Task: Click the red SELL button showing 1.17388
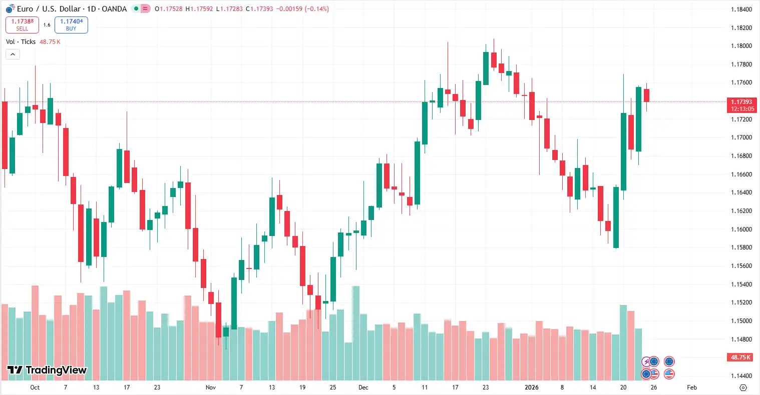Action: [x=22, y=25]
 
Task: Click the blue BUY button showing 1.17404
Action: [x=71, y=25]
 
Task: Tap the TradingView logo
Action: [x=47, y=370]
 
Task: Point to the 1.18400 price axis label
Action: [x=741, y=9]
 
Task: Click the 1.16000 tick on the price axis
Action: [x=741, y=229]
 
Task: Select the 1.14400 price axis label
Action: [x=741, y=376]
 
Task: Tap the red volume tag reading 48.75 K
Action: [x=740, y=357]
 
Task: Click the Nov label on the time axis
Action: [x=211, y=387]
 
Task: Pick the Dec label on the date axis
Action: [x=363, y=387]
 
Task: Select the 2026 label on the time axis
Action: [x=531, y=387]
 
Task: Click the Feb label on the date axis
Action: [x=692, y=387]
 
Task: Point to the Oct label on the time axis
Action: [x=35, y=387]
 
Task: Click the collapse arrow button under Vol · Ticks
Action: [x=13, y=54]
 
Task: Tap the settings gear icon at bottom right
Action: [x=743, y=387]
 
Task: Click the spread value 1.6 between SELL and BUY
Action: [x=47, y=25]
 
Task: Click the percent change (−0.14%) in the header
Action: [x=317, y=9]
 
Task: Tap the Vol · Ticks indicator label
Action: [x=21, y=42]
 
